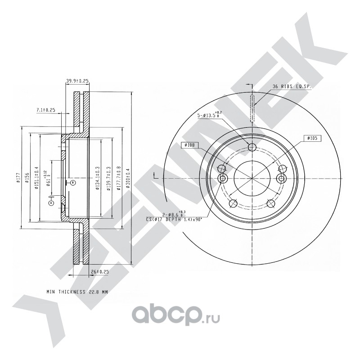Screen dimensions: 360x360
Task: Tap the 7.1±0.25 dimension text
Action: [x=45, y=110]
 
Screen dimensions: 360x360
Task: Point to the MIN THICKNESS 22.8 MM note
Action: [x=77, y=292]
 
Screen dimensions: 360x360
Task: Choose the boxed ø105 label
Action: [x=313, y=139]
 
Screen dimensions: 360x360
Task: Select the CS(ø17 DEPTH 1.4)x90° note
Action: [x=173, y=219]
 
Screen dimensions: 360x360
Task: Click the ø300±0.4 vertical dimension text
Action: [x=129, y=178]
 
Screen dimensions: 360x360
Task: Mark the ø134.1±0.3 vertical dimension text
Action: [x=97, y=178]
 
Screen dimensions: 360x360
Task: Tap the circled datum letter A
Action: [x=51, y=203]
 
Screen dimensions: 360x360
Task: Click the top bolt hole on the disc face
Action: [x=252, y=147]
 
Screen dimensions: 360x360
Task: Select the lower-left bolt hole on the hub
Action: [x=233, y=203]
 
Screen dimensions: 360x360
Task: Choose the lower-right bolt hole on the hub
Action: [x=270, y=203]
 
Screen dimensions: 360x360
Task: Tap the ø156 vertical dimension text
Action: [x=27, y=178]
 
